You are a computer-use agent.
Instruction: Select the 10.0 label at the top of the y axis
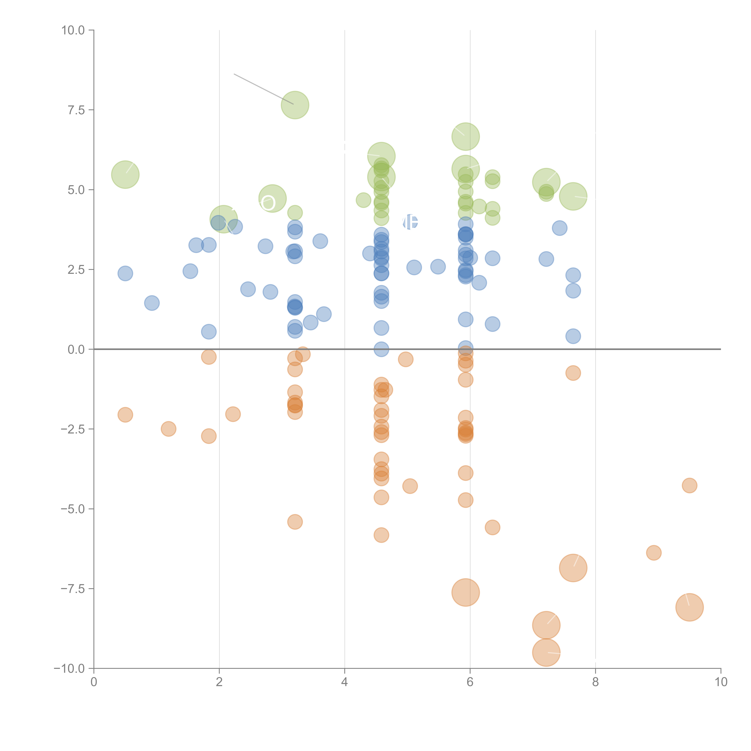[73, 30]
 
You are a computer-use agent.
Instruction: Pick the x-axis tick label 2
[219, 682]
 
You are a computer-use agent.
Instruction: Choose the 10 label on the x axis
[721, 682]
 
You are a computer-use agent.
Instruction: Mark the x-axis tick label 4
[344, 682]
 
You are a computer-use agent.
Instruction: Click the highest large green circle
[295, 105]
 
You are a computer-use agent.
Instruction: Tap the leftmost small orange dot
[125, 415]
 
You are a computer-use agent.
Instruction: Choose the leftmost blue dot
[125, 274]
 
